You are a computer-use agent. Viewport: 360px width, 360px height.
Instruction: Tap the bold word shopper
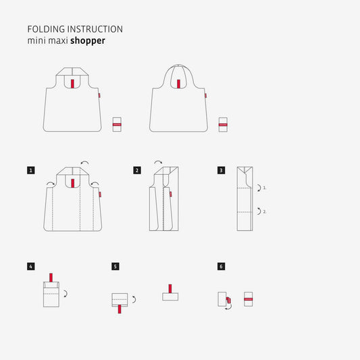[x=88, y=41]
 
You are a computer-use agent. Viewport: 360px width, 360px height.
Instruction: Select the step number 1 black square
[x=31, y=170]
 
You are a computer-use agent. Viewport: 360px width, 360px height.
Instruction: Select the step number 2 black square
[x=137, y=170]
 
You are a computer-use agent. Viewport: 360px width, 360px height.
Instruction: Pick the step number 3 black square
[x=221, y=170]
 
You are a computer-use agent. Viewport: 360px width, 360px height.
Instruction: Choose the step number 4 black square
[x=31, y=267]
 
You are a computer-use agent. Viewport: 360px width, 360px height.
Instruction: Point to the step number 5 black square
[x=115, y=267]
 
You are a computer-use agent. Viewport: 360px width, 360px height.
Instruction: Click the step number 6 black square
[x=221, y=267]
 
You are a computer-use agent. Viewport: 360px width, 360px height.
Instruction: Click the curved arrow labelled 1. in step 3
[x=260, y=188]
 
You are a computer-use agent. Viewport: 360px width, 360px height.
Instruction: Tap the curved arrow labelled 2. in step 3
[x=260, y=211]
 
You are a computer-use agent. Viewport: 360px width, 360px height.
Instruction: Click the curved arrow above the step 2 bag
[x=158, y=162]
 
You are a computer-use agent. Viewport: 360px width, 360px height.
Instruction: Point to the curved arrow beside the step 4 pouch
[x=66, y=294]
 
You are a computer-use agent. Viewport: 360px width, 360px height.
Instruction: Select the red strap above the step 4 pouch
[x=51, y=278]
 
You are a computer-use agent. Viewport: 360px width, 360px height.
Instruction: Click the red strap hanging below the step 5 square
[x=120, y=309]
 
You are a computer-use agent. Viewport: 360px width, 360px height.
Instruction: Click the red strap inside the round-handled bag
[x=178, y=84]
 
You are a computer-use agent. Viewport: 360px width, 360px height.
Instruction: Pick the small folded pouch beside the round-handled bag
[x=223, y=125]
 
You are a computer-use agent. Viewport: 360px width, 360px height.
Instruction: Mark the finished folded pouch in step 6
[x=248, y=299]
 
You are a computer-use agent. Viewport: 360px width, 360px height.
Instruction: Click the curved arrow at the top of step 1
[x=84, y=163]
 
